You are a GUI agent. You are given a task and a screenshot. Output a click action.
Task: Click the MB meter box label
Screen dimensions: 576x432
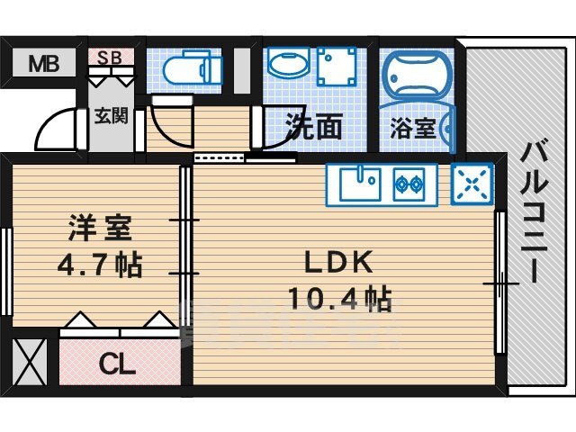point(44,64)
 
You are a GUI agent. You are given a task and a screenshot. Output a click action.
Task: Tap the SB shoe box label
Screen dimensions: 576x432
point(110,58)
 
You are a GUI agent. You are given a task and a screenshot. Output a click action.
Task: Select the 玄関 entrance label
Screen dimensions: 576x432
point(111,116)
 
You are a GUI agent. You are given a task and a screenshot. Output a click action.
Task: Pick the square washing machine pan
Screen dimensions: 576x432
point(337,66)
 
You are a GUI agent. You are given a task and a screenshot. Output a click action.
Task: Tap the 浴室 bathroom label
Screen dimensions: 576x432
point(412,129)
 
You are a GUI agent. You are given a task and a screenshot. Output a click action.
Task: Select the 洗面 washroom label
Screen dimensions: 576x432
point(314,126)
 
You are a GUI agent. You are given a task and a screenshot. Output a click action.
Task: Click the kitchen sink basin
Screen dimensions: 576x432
point(360,184)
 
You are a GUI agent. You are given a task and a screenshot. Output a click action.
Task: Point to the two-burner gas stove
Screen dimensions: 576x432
point(409,184)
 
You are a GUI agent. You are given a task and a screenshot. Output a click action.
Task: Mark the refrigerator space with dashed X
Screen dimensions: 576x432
point(472,184)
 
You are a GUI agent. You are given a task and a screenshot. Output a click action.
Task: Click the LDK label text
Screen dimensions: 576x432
point(338,261)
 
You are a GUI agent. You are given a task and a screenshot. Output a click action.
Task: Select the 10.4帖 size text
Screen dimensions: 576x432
point(340,300)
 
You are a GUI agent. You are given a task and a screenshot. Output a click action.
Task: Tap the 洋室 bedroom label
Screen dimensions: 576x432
point(100,229)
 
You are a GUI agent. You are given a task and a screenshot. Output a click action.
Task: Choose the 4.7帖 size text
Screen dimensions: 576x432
point(100,265)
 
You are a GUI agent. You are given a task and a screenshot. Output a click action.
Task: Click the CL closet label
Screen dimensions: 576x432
point(117,364)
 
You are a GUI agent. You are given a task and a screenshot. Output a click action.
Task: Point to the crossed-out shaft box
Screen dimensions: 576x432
point(30,362)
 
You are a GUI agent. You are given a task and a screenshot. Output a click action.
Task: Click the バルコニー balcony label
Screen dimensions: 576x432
point(534,211)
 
